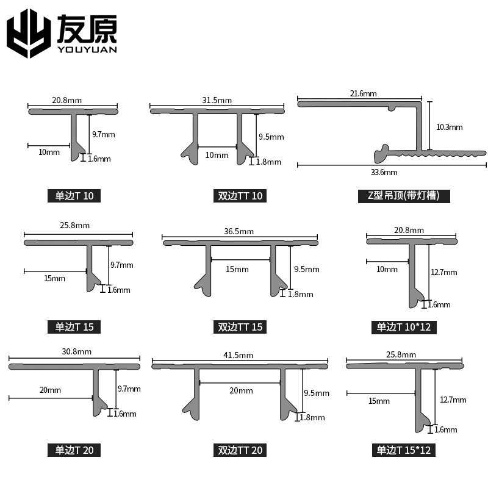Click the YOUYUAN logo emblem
tap(28, 33)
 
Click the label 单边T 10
tap(74, 196)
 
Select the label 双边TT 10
tap(240, 196)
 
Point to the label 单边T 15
tap(74, 327)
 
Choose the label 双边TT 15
tap(240, 327)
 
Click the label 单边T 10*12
tap(404, 327)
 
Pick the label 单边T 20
tap(74, 451)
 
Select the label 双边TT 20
tap(240, 451)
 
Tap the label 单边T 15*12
tap(404, 451)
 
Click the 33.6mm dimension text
tap(384, 172)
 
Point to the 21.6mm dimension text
tap(364, 93)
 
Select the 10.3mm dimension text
tap(450, 127)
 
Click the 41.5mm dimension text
tap(239, 355)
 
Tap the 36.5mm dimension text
tap(239, 232)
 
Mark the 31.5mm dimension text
tap(217, 100)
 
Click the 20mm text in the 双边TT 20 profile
tap(240, 390)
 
